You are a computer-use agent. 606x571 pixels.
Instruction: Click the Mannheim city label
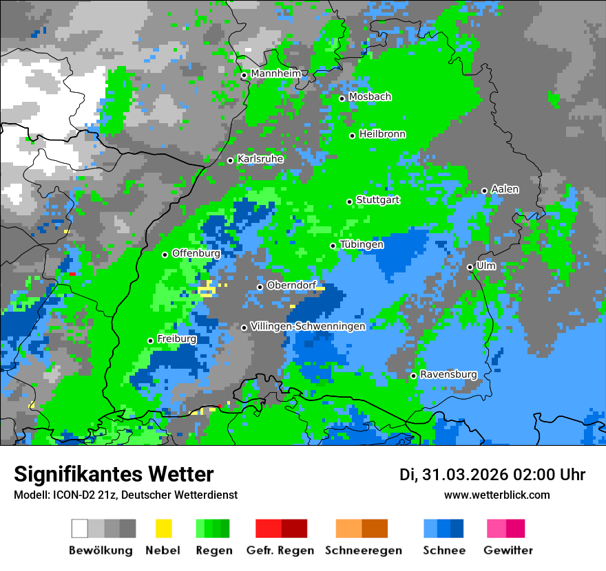click(x=276, y=74)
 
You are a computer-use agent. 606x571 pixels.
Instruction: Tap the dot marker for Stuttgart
click(x=350, y=202)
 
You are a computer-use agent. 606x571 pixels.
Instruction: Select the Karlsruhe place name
click(x=260, y=159)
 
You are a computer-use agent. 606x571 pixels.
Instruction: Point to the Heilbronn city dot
click(x=353, y=136)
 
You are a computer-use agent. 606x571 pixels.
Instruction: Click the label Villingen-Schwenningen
click(x=308, y=326)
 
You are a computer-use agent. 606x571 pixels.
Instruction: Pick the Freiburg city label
click(x=176, y=339)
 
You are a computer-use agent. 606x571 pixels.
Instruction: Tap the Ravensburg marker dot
click(x=413, y=376)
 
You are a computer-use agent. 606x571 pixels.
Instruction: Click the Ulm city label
click(x=486, y=266)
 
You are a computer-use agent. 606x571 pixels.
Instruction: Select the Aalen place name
click(x=505, y=189)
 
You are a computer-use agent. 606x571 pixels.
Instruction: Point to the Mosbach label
click(x=370, y=97)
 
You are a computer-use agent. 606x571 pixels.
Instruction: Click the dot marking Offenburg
click(x=165, y=255)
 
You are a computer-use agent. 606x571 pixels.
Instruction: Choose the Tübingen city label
click(x=362, y=244)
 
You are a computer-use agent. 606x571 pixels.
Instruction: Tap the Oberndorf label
click(x=291, y=285)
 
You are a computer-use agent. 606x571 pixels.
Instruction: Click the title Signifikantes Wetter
click(x=114, y=474)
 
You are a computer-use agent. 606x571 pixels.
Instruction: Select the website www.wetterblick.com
click(x=497, y=495)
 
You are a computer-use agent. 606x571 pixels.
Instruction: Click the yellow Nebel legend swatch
click(x=163, y=528)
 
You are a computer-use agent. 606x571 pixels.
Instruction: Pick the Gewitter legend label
click(x=508, y=550)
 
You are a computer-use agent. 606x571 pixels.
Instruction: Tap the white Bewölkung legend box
click(x=80, y=528)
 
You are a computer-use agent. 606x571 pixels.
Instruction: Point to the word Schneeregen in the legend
click(x=363, y=550)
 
